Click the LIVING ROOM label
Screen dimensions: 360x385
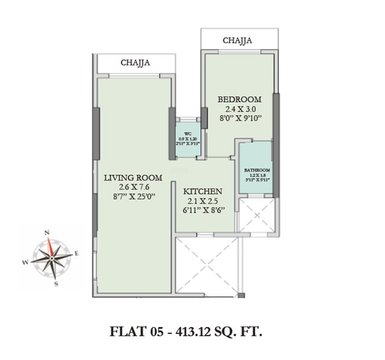[133, 178]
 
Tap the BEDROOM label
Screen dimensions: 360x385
[239, 99]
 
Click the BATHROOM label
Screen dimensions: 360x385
[256, 170]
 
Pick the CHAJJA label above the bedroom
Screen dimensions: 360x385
[237, 41]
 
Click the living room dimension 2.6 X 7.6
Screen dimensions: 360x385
[133, 187]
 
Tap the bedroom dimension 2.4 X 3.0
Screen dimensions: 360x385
[240, 109]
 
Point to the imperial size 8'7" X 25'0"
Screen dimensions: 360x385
[133, 197]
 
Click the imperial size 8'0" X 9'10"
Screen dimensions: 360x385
[240, 119]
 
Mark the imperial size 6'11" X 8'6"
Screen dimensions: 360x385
[204, 211]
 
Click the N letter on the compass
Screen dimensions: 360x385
[47, 232]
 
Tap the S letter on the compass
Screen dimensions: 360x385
[56, 284]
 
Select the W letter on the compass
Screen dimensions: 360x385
[25, 262]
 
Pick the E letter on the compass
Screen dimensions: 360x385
[77, 254]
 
